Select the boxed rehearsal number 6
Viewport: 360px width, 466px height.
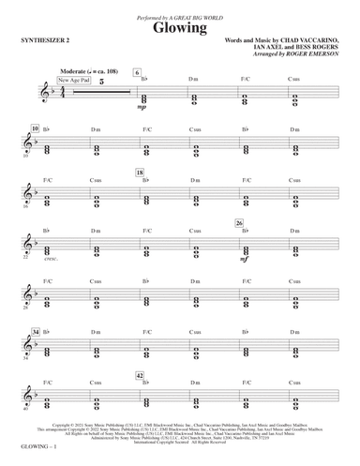[137, 72]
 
